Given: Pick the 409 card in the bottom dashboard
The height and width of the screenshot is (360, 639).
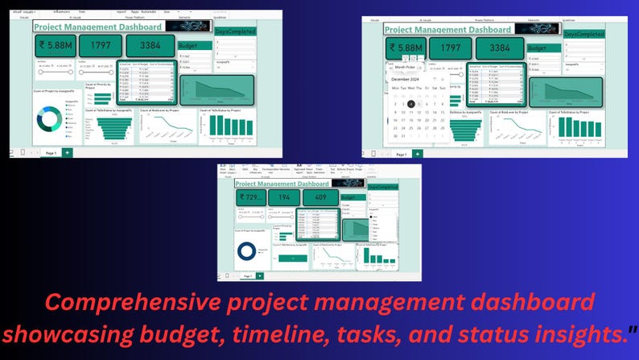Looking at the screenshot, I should click(x=320, y=198).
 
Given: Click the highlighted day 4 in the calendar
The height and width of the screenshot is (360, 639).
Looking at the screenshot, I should click(x=411, y=104).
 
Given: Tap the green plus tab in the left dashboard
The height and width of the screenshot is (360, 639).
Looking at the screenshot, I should click(x=68, y=152).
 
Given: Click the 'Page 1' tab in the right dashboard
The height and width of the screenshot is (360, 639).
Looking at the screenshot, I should click(x=401, y=153).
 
